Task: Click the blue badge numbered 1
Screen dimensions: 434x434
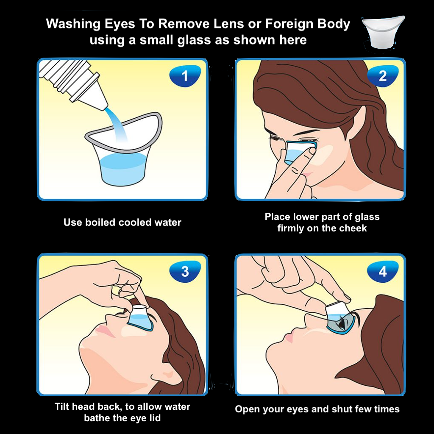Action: [185, 75]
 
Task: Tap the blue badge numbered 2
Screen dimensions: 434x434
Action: [383, 75]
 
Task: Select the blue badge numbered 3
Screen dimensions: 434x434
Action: [185, 272]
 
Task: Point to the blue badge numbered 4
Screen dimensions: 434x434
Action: [383, 272]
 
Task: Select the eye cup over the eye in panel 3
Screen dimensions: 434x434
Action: [140, 318]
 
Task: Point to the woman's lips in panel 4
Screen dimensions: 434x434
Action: [289, 338]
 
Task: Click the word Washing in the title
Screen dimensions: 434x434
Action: [73, 24]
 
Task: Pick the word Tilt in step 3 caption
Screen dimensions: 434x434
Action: [61, 406]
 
